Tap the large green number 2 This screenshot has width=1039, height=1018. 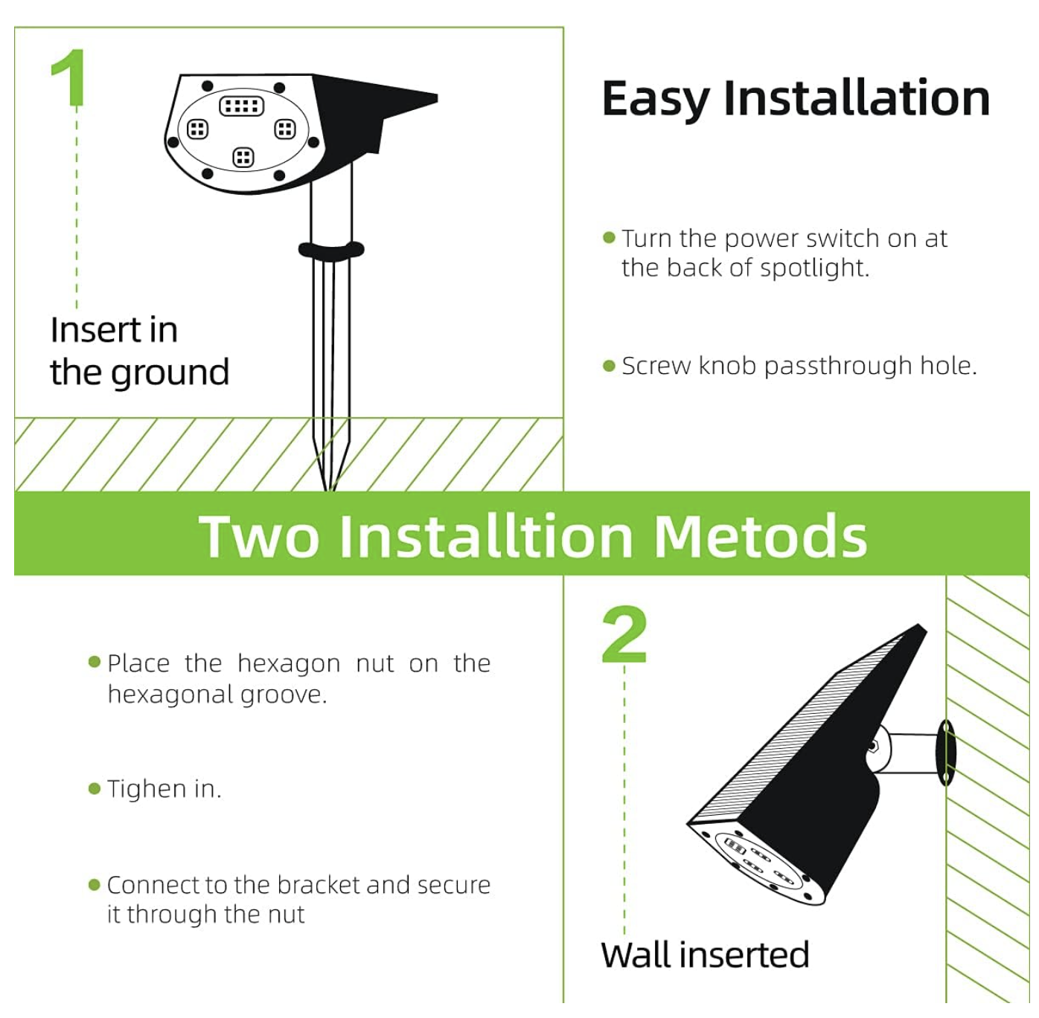coord(624,634)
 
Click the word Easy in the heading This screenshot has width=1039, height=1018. coord(655,99)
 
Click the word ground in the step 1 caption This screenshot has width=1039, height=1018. coord(170,373)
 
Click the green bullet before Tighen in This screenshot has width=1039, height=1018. coord(95,789)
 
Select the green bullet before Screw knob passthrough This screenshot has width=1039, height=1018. coord(609,366)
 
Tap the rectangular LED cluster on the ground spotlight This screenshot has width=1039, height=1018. coord(242,106)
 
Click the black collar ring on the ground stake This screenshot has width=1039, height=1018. coord(331,250)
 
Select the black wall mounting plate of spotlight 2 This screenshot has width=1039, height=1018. coord(946,752)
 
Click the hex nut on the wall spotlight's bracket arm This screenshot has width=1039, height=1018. coord(872,747)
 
